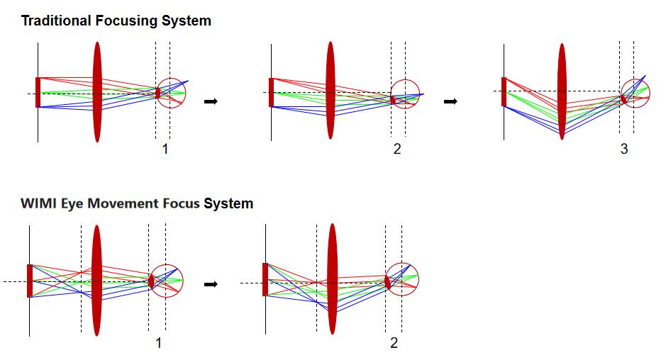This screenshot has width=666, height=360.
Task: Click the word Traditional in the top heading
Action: click(57, 21)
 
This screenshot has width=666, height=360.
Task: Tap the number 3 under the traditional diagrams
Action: click(624, 149)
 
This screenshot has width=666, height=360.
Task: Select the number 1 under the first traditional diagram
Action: click(165, 149)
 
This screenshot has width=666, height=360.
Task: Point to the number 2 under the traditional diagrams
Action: click(397, 149)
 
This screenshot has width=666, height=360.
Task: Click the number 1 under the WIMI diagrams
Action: click(158, 342)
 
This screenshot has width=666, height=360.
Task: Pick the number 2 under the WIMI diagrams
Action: click(394, 342)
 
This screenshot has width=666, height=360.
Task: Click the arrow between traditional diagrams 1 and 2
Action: click(211, 101)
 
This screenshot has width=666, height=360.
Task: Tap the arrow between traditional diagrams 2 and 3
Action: click(450, 101)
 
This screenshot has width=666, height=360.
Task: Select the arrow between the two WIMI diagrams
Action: click(211, 284)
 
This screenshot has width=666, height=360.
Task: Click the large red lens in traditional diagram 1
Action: click(97, 91)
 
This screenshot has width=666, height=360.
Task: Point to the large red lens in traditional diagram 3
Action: click(562, 91)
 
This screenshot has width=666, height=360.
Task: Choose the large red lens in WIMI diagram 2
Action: click(332, 279)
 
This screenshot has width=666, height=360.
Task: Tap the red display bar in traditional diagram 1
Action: click(38, 92)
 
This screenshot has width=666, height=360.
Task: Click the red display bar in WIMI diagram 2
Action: click(265, 279)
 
